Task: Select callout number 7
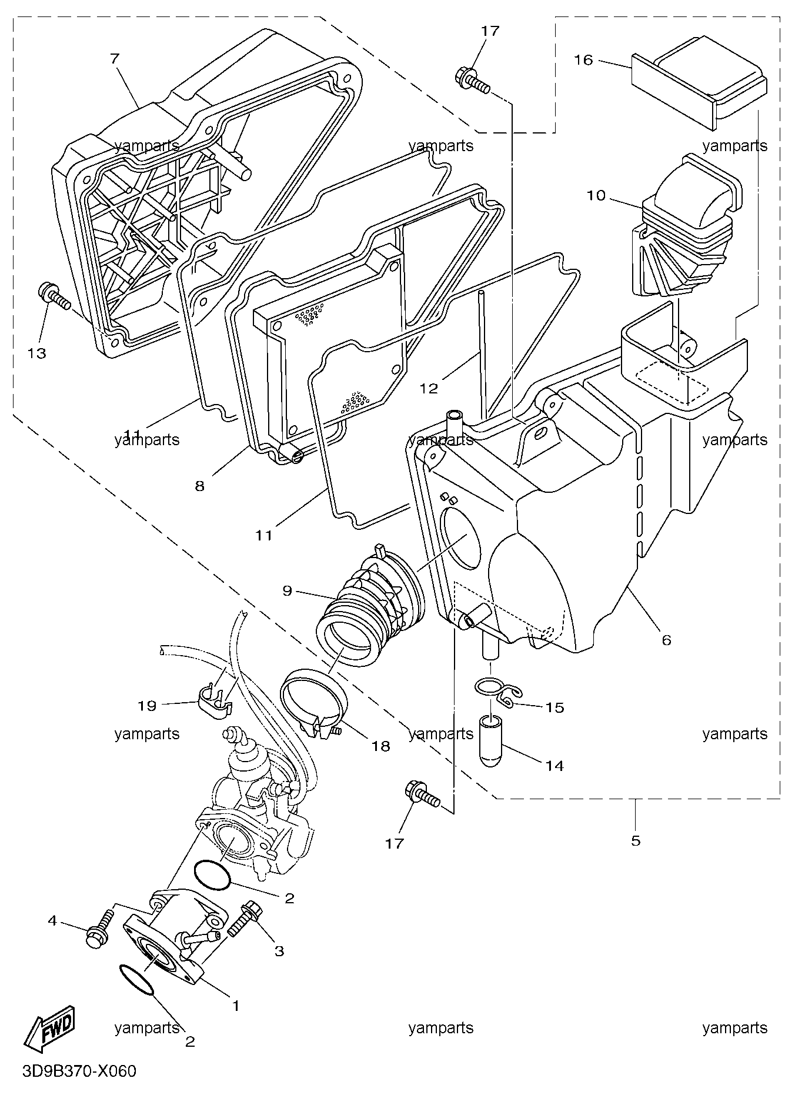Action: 114,58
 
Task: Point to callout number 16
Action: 584,60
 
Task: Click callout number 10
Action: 596,195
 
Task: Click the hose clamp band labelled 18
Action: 312,700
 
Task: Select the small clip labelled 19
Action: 213,699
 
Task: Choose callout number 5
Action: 636,840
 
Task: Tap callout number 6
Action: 666,639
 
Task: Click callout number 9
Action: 287,590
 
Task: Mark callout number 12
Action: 429,388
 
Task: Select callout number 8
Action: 200,486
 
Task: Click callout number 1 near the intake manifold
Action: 236,1006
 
